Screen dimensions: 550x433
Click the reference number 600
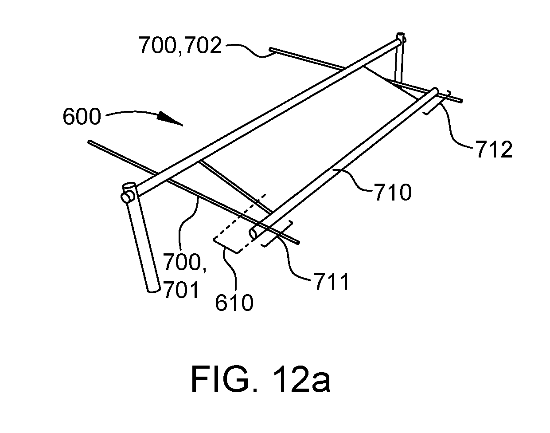pyautogui.click(x=82, y=117)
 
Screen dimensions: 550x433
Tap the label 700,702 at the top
pyautogui.click(x=180, y=45)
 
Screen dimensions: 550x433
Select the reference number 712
pyautogui.click(x=494, y=150)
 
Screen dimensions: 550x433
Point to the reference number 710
pyautogui.click(x=393, y=192)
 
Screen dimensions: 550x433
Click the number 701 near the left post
pyautogui.click(x=181, y=290)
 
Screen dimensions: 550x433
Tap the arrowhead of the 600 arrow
pyautogui.click(x=171, y=119)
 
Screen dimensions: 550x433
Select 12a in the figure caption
pyautogui.click(x=301, y=379)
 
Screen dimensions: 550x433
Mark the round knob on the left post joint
pyautogui.click(x=125, y=197)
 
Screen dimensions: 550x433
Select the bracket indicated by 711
pyautogui.click(x=278, y=233)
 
